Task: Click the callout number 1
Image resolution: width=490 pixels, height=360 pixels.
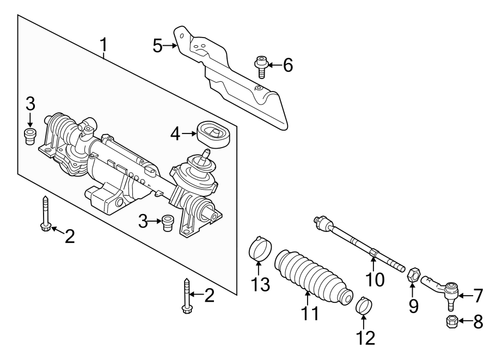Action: [x=103, y=47]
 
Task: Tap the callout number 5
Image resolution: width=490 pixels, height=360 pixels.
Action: [x=157, y=46]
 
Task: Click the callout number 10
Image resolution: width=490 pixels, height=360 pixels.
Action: [x=375, y=279]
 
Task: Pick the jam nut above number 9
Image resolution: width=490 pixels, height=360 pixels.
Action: [x=413, y=273]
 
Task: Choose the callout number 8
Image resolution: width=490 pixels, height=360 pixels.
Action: [x=477, y=322]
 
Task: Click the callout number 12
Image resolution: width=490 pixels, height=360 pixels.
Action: [x=365, y=338]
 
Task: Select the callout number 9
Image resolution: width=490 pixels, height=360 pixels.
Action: [x=414, y=306]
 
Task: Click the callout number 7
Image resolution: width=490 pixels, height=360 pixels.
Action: [x=477, y=296]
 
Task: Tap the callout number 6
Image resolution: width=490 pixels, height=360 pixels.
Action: [x=287, y=65]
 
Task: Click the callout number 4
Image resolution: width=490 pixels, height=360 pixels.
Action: [x=174, y=132]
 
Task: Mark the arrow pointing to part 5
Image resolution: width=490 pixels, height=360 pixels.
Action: [x=170, y=46]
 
